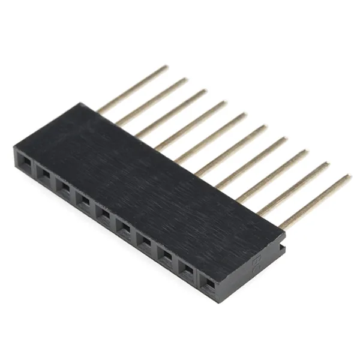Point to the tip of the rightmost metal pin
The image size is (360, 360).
tap(348, 176)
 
